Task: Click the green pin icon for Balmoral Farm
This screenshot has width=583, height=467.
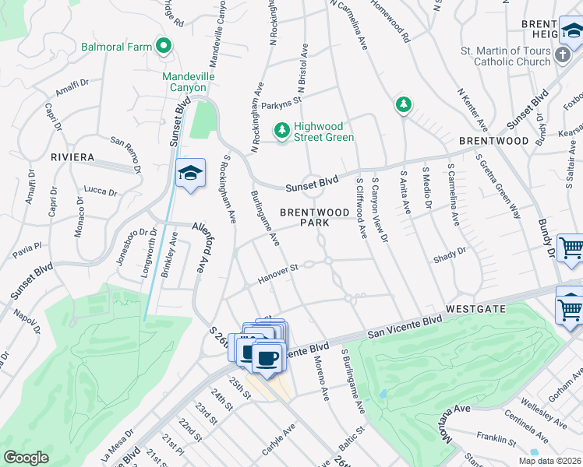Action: pos(164,47)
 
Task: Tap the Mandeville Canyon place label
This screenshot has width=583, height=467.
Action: pos(184,83)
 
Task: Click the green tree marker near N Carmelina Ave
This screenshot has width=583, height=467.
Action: pos(403,104)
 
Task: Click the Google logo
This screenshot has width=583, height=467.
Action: pos(26,458)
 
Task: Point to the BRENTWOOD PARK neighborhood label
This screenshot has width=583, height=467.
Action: pos(315,217)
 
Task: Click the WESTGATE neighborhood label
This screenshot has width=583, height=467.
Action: pos(476,309)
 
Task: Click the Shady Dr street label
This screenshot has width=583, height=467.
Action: pos(450,251)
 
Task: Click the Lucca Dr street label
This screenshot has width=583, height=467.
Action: pos(100,191)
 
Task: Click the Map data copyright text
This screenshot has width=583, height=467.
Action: pos(549,461)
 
